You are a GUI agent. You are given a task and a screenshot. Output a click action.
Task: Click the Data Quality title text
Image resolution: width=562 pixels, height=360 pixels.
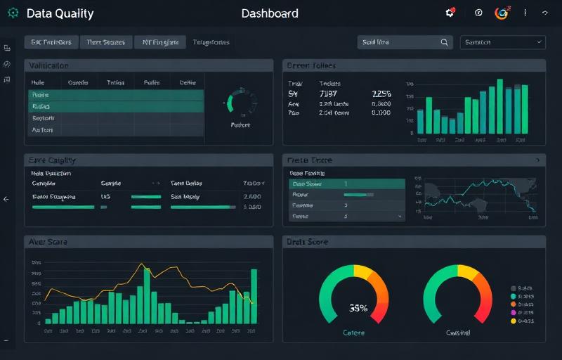coord(60,13)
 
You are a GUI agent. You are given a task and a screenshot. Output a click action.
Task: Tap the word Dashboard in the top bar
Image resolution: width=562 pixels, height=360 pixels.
coord(270,13)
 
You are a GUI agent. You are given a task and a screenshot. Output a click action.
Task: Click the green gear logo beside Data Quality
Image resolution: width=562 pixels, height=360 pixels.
coord(13,13)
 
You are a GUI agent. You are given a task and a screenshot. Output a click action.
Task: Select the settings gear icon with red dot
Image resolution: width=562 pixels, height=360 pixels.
coord(450,13)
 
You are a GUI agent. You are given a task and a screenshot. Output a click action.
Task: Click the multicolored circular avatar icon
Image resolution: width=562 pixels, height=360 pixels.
coord(501,13)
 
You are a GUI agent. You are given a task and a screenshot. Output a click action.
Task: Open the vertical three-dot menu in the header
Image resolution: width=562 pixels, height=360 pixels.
coord(525,13)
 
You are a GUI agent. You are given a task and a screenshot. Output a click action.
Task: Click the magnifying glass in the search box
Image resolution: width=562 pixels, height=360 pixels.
coord(444,42)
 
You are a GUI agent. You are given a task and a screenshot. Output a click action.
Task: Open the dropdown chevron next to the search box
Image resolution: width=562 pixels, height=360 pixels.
coord(539,42)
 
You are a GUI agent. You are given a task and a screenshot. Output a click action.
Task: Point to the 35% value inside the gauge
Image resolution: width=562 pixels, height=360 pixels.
coord(358,308)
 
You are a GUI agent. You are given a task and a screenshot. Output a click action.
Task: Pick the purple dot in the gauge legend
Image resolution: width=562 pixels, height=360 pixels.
coord(514,311)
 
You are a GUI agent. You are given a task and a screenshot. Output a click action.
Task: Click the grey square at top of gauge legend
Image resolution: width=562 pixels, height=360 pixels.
coord(514,288)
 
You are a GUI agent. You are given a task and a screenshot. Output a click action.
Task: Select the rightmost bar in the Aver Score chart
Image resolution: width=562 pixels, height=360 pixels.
coord(254,296)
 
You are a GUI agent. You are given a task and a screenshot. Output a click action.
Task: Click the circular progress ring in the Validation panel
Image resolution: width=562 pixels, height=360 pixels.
coord(240,103)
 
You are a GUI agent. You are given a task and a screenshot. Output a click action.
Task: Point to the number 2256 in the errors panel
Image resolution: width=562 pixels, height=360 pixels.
coord(381,93)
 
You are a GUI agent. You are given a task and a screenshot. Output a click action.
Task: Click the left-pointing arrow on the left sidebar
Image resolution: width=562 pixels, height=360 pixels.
coord(6,199)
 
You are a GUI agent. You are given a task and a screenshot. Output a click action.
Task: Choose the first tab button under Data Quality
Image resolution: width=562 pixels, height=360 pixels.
coord(51,42)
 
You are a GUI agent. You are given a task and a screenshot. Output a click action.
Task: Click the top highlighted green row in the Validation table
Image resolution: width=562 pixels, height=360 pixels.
coord(116,94)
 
